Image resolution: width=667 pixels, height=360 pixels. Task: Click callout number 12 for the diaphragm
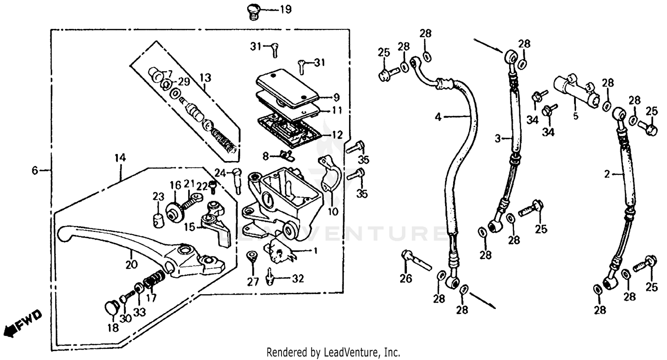point(338,134)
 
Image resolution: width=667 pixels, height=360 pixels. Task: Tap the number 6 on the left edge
point(35,170)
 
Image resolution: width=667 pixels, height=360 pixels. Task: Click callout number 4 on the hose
point(438,117)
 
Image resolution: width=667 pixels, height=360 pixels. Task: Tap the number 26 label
point(406,279)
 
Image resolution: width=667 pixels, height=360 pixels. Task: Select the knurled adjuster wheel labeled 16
point(175,212)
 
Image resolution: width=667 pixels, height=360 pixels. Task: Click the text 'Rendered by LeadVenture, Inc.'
point(333,352)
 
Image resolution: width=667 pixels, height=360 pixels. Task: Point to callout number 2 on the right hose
point(607,175)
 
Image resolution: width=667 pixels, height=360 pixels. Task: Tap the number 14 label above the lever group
point(120,158)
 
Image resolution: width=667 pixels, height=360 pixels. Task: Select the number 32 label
point(297,279)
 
